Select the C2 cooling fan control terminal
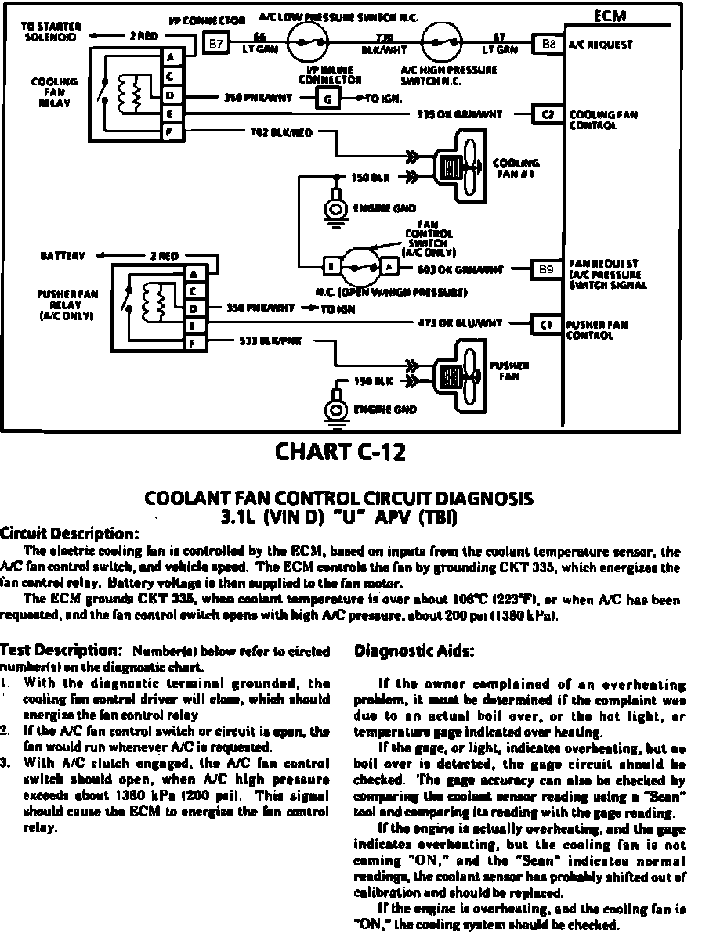[x=547, y=114]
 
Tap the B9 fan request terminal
[x=547, y=269]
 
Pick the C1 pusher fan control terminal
[x=547, y=322]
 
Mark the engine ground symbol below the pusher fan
[x=338, y=409]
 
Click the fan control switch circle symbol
[x=360, y=268]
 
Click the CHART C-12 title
[x=341, y=452]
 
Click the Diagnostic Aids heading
[x=415, y=651]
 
